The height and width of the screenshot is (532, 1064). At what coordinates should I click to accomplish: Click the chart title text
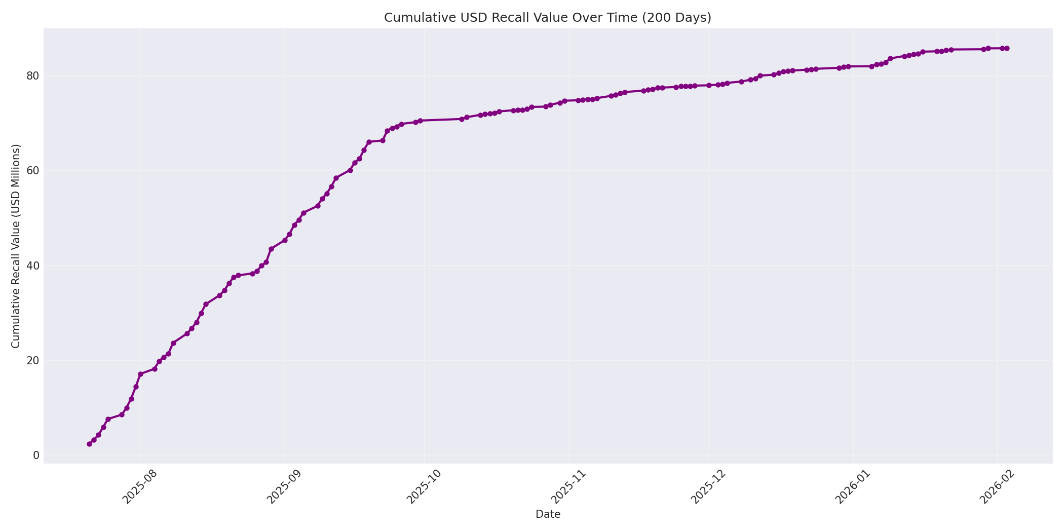coord(547,18)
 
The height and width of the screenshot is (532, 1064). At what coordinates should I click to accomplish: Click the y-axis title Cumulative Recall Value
coord(16,246)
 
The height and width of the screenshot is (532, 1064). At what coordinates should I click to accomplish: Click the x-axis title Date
coord(548,514)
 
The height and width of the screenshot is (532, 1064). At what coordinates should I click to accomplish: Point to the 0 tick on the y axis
coord(35,455)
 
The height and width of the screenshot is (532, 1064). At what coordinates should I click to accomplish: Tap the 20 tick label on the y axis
coord(33,360)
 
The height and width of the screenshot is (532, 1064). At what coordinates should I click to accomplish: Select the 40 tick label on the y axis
coord(33,265)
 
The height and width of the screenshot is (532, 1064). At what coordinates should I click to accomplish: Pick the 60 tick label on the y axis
coord(33,171)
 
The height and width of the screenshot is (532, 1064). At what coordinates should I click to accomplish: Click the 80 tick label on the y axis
coord(33,76)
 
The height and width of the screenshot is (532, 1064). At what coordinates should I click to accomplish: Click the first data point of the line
coord(90,444)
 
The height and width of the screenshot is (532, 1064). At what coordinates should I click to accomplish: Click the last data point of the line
coord(1007,48)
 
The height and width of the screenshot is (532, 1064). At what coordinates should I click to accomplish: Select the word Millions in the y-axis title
coord(16,172)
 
